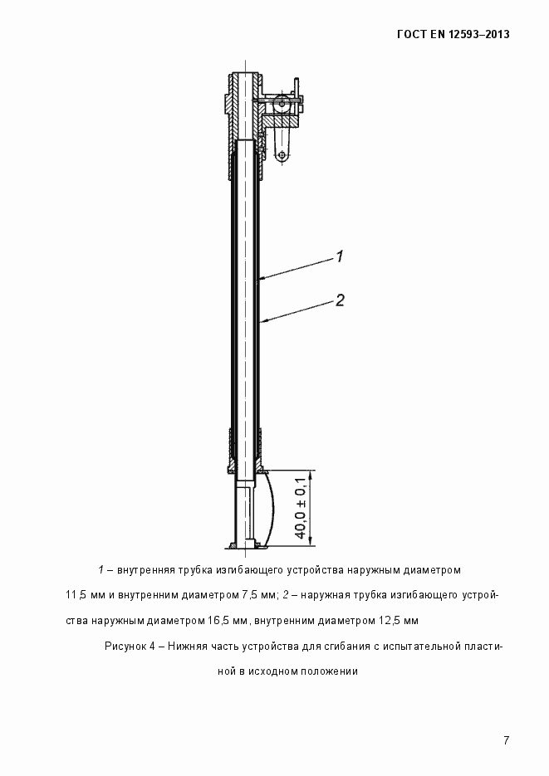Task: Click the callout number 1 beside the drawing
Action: pos(340,256)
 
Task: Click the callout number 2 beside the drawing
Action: pos(340,300)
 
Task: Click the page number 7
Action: pos(505,739)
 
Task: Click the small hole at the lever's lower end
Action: pos(283,155)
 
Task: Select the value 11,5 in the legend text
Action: pos(76,595)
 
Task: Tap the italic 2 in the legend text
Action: pos(284,595)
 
